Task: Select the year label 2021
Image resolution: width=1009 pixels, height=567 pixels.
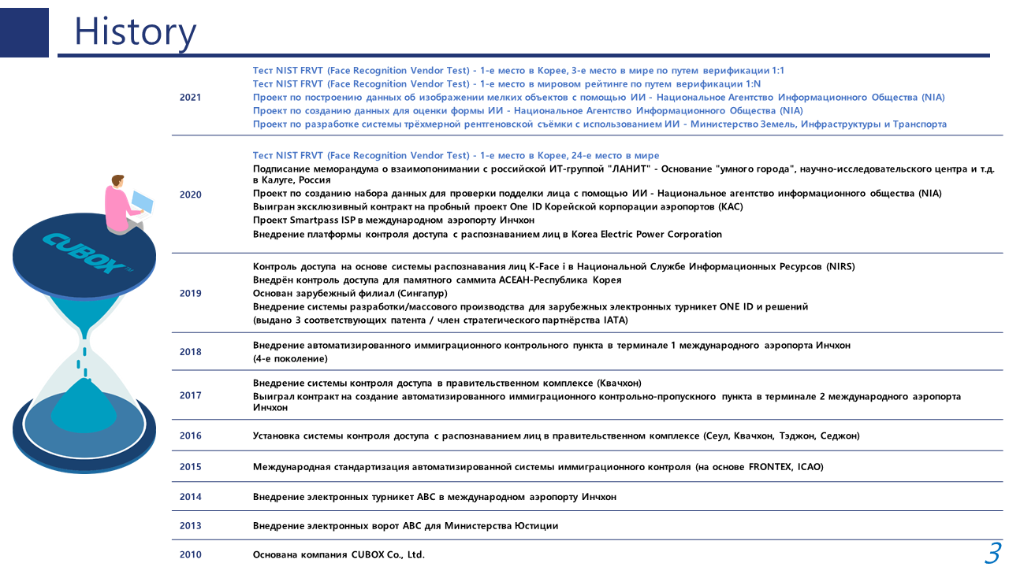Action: [190, 98]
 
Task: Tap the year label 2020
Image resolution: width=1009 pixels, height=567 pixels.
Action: [190, 195]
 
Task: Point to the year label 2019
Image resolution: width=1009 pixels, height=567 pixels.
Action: [190, 293]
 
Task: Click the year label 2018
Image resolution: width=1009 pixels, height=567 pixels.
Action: [190, 352]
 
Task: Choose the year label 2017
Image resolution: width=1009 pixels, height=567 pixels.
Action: [190, 395]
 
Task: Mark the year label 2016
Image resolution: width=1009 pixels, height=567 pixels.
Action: [190, 435]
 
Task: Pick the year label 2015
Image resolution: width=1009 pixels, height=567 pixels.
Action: [190, 466]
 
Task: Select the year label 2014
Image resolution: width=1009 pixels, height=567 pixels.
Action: [190, 497]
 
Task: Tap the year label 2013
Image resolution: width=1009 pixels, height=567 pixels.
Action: [190, 525]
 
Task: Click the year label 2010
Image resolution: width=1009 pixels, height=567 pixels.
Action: [190, 554]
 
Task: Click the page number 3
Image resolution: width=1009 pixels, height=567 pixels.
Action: [992, 553]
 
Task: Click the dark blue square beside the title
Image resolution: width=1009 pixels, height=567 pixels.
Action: [24, 32]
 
